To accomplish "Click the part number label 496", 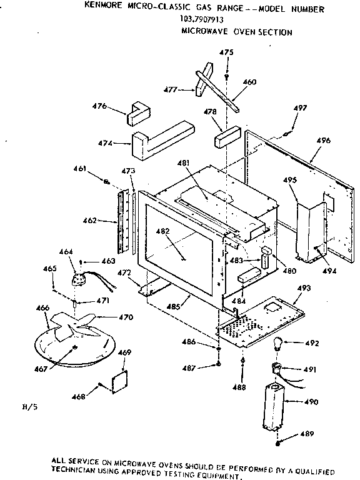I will [323, 141].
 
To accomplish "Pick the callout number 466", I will [42, 307].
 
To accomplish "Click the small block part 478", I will [227, 137].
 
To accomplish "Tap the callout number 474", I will [105, 143].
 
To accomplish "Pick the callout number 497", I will [301, 107].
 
